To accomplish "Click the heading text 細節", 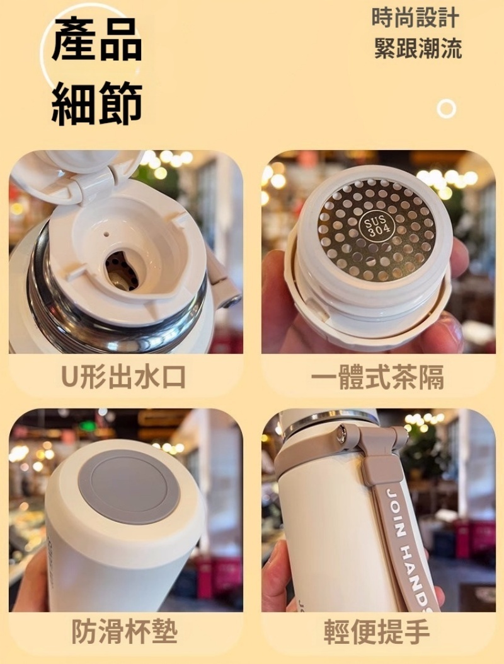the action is [97, 103].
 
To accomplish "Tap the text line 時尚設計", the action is [416, 18].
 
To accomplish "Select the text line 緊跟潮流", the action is [418, 49].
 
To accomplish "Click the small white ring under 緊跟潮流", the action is [447, 109].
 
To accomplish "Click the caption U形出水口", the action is [123, 377].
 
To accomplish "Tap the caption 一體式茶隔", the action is [377, 377].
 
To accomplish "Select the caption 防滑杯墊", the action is [124, 631].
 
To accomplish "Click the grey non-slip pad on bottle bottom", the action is [129, 487].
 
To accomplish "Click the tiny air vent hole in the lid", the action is [106, 233].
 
